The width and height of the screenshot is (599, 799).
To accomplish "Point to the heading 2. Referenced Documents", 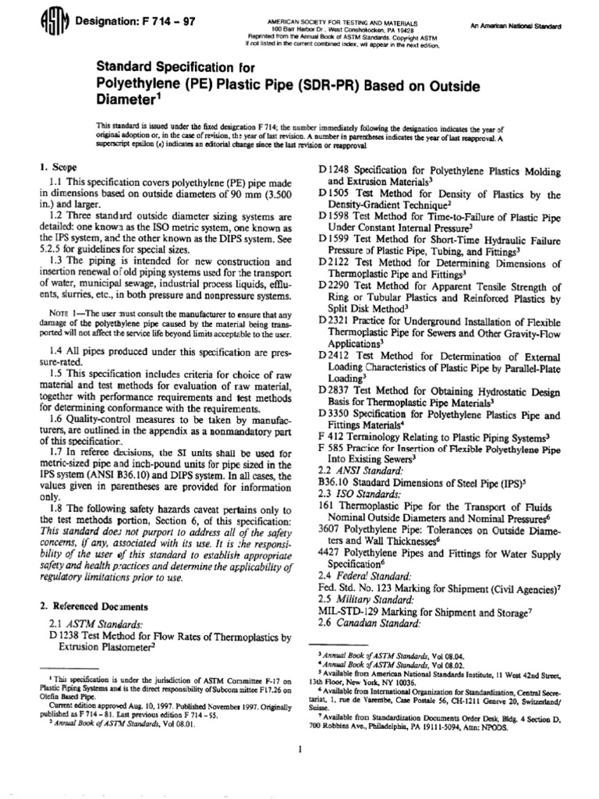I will [87, 605].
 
